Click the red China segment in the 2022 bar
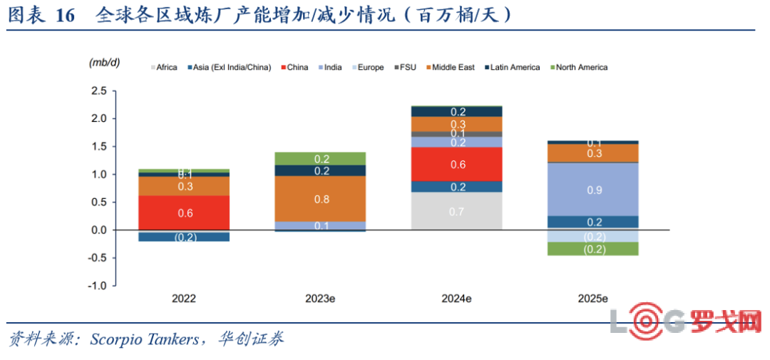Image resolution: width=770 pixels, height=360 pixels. (184, 212)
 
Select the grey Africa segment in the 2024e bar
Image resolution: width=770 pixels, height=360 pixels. (457, 211)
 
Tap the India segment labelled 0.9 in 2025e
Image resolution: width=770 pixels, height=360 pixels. (593, 189)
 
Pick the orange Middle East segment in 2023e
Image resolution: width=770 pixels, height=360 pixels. (320, 199)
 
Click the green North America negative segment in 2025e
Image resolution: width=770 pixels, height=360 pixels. (593, 249)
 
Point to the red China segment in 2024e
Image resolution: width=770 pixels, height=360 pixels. (457, 164)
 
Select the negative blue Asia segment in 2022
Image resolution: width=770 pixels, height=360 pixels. (184, 237)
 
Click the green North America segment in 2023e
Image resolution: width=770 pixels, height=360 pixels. (320, 159)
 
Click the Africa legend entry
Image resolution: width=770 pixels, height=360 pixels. (165, 68)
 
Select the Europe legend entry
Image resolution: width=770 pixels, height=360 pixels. (370, 68)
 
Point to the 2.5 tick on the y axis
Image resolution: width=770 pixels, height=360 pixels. (98, 91)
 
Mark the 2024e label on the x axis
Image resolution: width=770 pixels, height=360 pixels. (457, 299)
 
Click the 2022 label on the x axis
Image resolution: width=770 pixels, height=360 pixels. (184, 299)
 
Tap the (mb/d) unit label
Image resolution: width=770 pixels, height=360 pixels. (104, 63)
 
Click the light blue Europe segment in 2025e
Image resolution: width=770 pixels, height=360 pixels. (593, 236)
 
